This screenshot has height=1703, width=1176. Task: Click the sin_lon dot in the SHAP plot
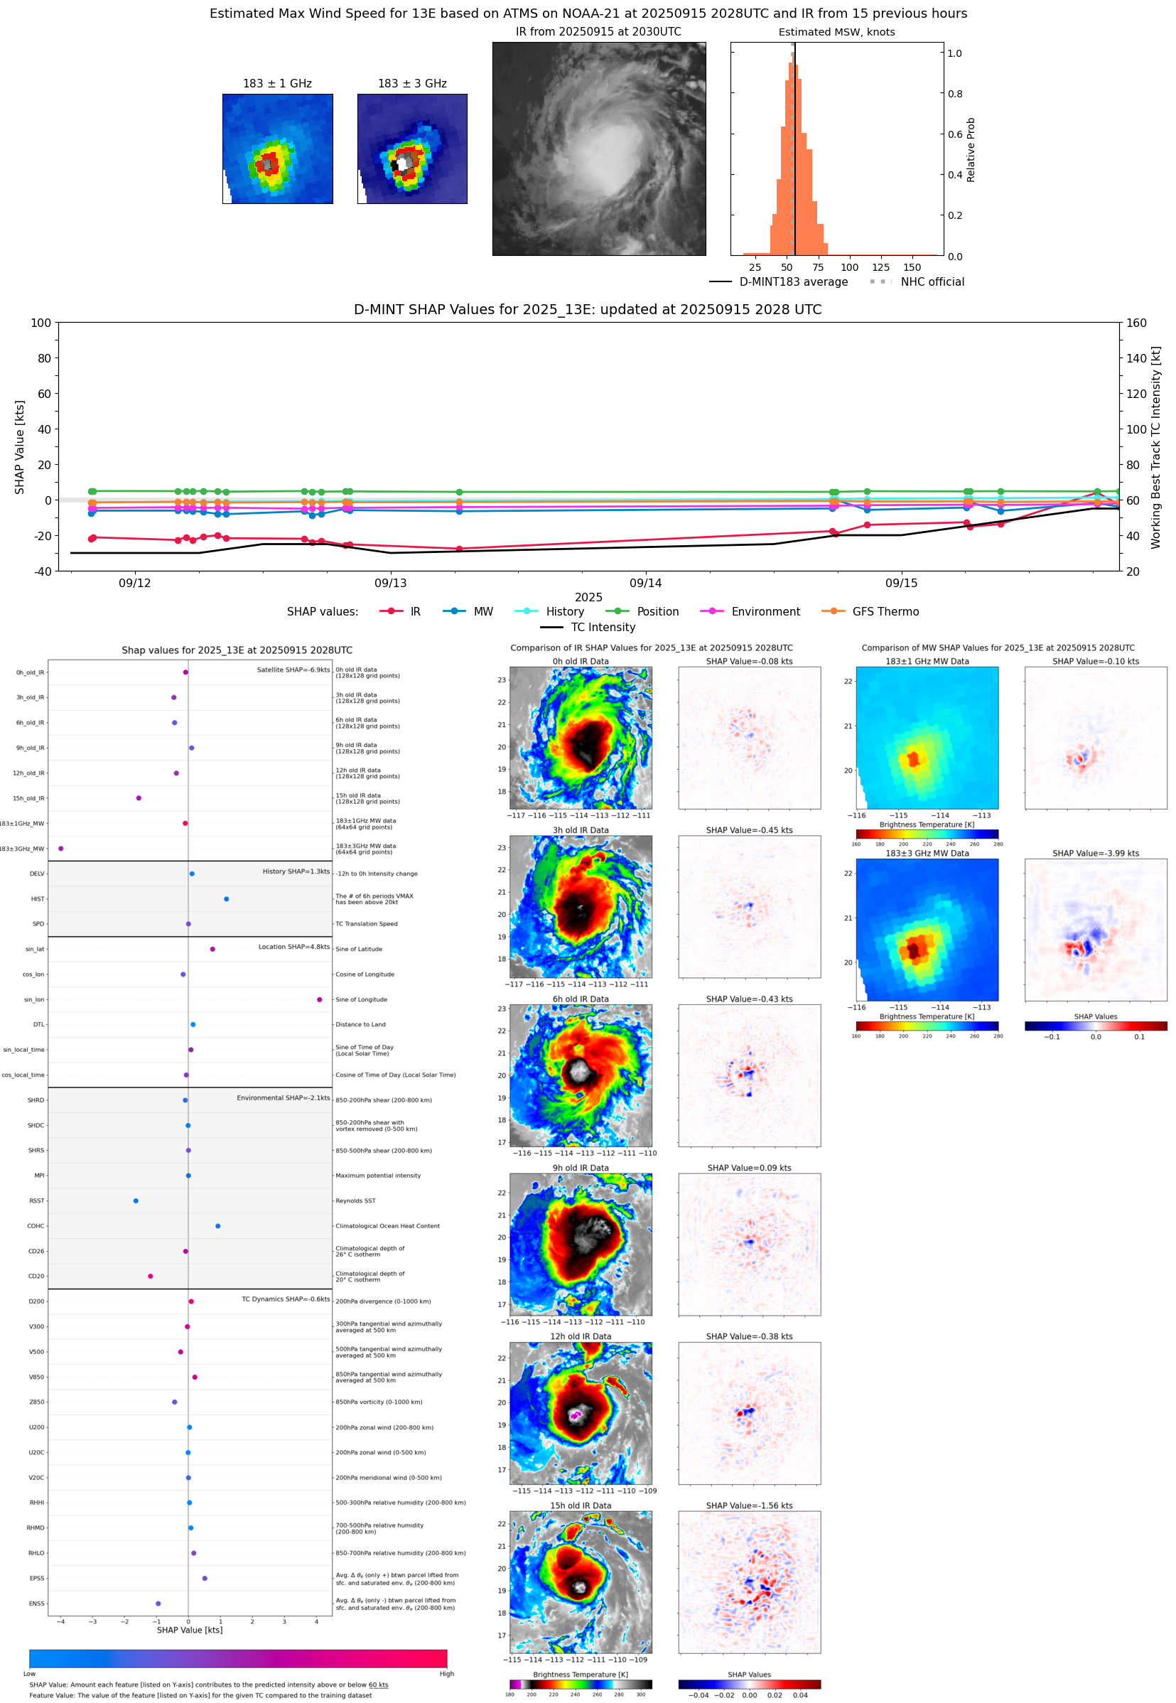(319, 999)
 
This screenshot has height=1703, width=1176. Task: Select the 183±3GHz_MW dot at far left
(61, 848)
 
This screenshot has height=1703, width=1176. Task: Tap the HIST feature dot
(226, 898)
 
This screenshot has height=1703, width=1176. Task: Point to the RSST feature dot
(136, 1200)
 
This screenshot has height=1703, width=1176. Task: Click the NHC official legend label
(932, 281)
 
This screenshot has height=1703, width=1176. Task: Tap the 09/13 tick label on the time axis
(391, 583)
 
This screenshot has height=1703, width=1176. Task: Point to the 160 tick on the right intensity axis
(1136, 323)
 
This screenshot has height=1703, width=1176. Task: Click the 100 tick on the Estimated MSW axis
(850, 267)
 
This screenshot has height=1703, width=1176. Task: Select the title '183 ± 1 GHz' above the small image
(277, 83)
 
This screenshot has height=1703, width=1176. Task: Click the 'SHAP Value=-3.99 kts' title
(1095, 854)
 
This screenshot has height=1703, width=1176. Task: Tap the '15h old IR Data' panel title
(581, 1505)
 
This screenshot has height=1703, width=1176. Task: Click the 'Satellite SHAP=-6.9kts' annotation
(293, 670)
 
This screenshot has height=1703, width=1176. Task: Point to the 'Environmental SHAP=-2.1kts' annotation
(283, 1097)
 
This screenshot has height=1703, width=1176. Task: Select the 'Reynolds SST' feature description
(355, 1200)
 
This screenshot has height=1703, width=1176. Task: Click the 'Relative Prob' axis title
(971, 149)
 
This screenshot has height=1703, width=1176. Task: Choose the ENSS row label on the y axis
(36, 1603)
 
